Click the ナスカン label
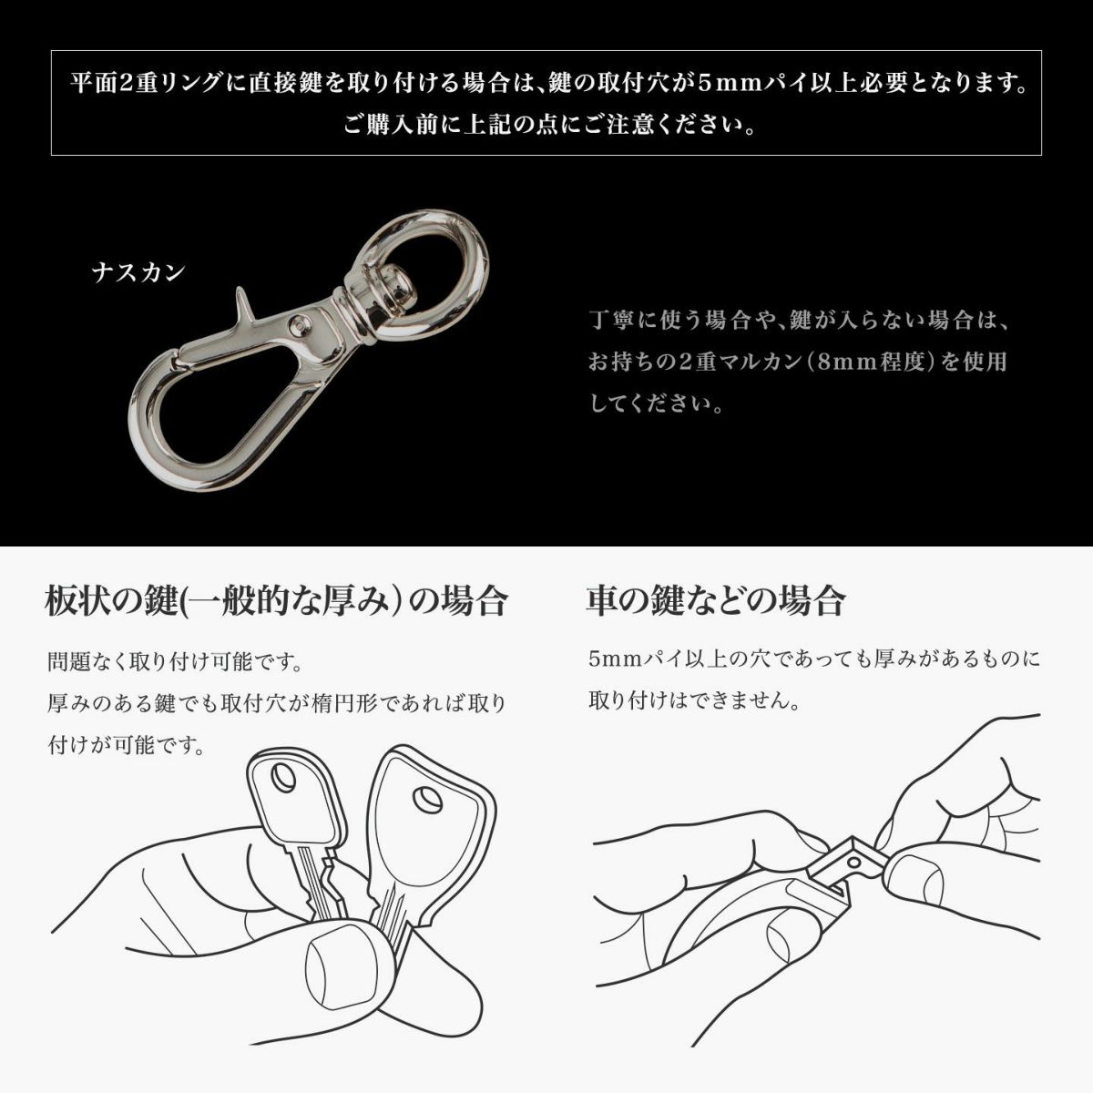coord(138,273)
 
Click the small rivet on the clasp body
coord(299,325)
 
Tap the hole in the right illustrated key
coord(427,801)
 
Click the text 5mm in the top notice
coord(728,84)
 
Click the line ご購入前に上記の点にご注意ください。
coord(549,125)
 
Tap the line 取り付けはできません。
coord(694,701)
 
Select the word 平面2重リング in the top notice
coord(145,84)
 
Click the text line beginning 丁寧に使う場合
coord(799,321)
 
